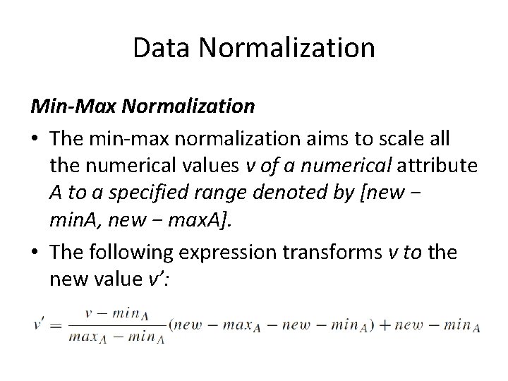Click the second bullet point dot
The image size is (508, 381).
click(35, 253)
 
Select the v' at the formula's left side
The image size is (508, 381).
click(39, 325)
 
